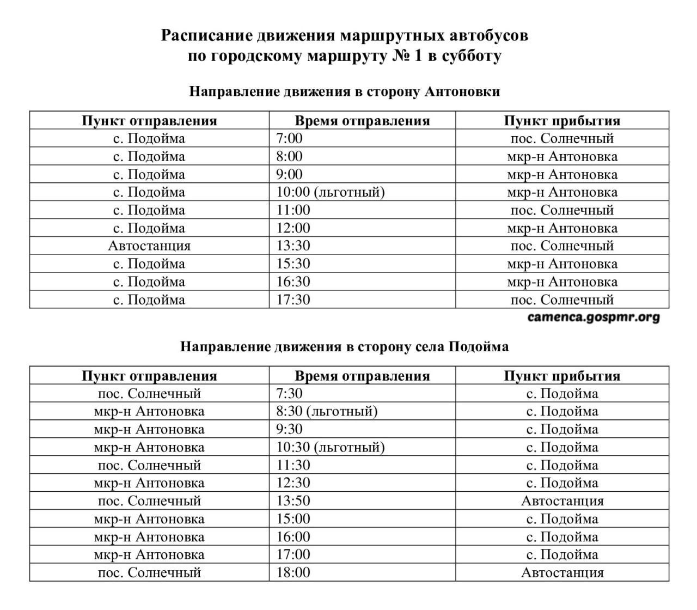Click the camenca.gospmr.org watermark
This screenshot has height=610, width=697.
(x=594, y=318)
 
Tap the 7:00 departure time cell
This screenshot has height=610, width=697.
(x=289, y=138)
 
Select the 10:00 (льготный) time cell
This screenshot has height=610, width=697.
(x=331, y=192)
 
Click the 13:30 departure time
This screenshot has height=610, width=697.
(x=293, y=246)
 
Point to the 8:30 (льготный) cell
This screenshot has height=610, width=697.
(x=327, y=411)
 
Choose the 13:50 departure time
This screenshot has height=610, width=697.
(x=293, y=501)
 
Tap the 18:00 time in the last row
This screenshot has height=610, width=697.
(x=293, y=572)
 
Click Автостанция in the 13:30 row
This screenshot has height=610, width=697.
(x=149, y=246)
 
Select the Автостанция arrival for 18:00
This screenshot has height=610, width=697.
(x=562, y=572)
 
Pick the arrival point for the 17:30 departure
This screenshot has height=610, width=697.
(x=562, y=300)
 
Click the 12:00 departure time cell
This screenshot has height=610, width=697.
(x=293, y=228)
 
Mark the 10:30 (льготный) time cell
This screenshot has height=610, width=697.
(x=331, y=447)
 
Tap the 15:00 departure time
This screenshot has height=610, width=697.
(x=293, y=518)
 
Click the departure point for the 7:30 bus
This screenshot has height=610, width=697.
(x=149, y=393)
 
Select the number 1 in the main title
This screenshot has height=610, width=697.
(x=418, y=56)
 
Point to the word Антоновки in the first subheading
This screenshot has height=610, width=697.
(x=461, y=91)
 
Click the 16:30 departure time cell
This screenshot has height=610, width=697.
(x=293, y=282)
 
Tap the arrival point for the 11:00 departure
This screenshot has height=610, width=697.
(x=562, y=210)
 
